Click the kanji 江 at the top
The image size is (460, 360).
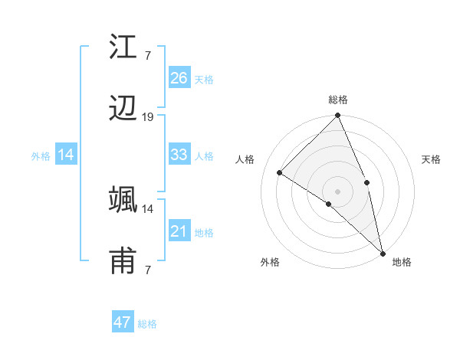coord(123,49)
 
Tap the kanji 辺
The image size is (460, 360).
coord(123,110)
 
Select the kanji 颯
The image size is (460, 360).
coord(123,200)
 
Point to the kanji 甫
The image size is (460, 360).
coord(123,261)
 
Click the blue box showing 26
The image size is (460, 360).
coord(179,78)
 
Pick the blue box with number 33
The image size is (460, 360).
coord(179,155)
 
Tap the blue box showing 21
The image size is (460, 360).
coord(179,231)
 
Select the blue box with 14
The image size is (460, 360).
coord(66,155)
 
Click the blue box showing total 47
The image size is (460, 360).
coord(123,322)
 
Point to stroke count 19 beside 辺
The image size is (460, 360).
coord(148,117)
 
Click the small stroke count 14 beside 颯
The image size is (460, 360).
coord(148,208)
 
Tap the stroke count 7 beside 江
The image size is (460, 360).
coord(147,55)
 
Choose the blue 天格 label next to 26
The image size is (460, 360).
coord(204,79)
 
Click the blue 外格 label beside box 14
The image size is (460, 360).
coord(41,155)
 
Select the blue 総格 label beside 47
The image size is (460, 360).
coord(148,323)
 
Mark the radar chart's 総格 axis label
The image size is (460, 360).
coord(338,100)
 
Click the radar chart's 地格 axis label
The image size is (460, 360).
coord(402,262)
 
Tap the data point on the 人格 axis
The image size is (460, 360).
coord(280,173)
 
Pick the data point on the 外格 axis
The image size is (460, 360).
coord(329,204)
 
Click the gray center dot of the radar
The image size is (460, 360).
coord(338,191)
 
